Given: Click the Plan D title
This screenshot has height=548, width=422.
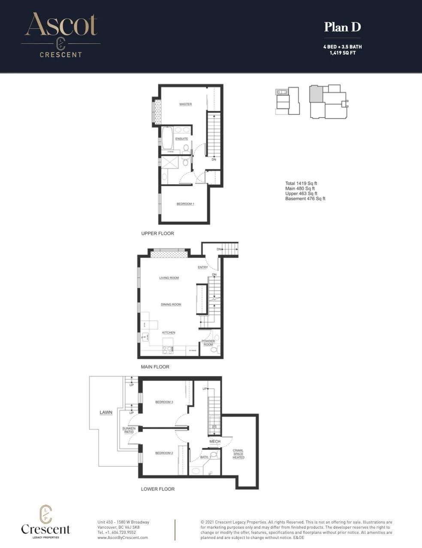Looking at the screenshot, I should click(342, 27).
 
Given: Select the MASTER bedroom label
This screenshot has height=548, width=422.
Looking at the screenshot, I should click(185, 104).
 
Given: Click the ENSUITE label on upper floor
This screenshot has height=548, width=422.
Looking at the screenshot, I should click(181, 139).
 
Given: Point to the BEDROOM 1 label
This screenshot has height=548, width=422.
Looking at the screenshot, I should click(185, 204).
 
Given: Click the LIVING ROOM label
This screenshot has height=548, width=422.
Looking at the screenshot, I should click(169, 278).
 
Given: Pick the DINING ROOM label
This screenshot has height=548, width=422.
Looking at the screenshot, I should click(171, 304).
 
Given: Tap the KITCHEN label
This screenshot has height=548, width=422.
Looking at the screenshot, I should click(169, 332).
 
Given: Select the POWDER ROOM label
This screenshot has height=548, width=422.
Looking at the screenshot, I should click(208, 343).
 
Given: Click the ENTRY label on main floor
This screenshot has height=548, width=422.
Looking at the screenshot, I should click(203, 268).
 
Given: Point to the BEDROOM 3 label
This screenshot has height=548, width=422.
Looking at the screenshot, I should click(164, 402).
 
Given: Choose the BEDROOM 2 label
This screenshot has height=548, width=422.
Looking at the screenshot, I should click(164, 453).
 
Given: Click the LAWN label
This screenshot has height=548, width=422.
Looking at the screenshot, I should click(106, 412).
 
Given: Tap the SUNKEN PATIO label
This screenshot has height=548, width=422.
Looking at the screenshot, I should click(129, 430).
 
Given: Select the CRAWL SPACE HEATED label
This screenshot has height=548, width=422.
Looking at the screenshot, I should click(238, 454).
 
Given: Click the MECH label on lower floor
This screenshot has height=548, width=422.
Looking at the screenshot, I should click(215, 441).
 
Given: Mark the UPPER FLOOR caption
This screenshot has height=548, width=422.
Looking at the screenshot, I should click(157, 234).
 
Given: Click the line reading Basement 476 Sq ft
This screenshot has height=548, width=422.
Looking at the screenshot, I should click(305, 198).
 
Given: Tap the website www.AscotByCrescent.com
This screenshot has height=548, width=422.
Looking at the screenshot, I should click(123, 537).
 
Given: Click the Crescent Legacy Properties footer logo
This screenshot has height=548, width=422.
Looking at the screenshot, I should click(45, 522).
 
